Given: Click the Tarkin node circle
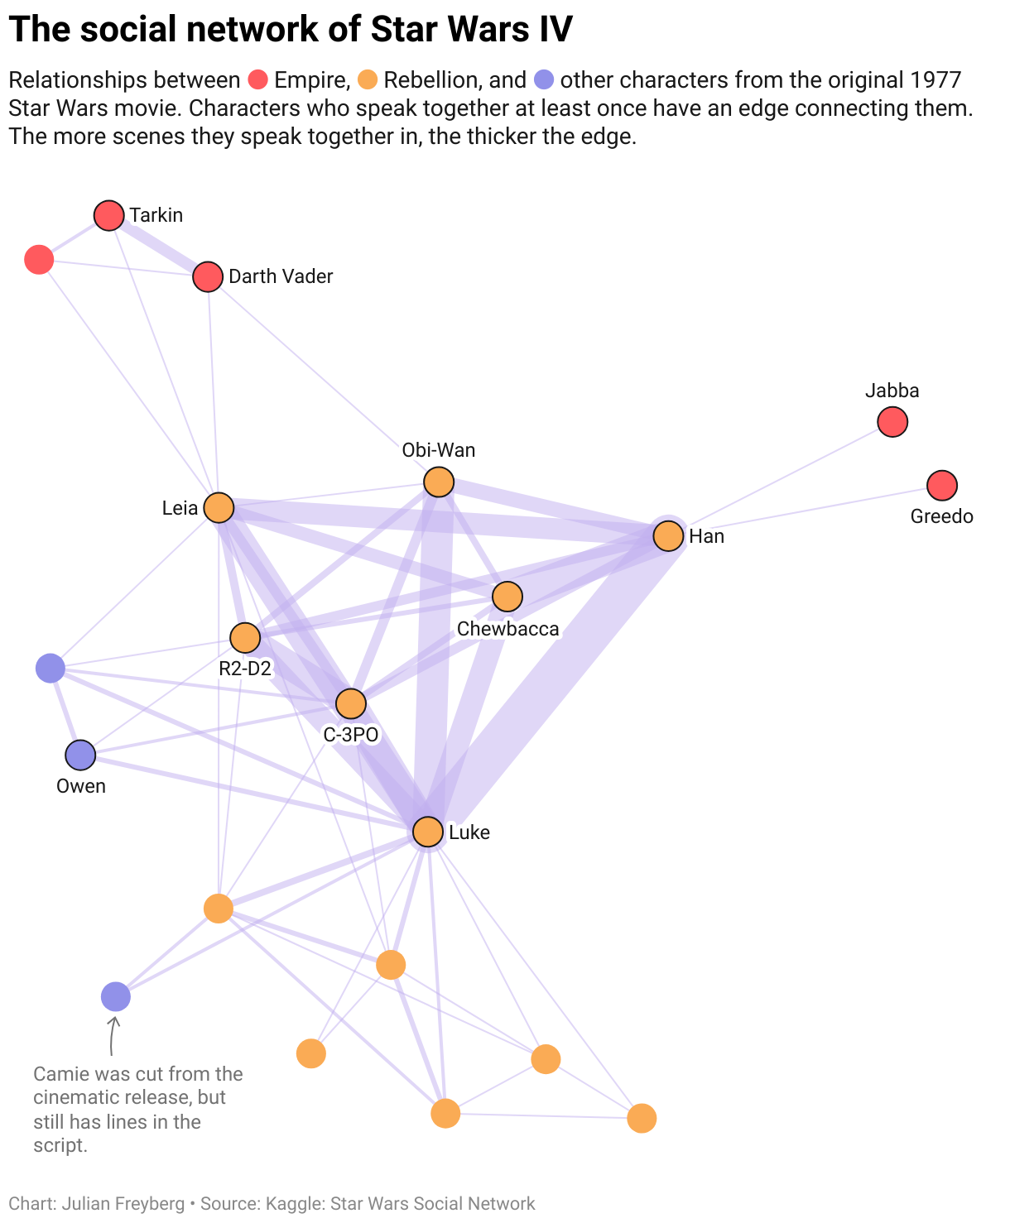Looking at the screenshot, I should click(108, 215).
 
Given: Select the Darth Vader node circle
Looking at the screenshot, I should click(208, 276).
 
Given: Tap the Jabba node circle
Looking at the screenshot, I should click(892, 422).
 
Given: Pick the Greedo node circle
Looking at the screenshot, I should click(942, 485).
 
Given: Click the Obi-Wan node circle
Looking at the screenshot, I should click(439, 482).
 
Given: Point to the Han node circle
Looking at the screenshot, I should click(668, 536).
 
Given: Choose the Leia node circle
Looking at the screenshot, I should click(219, 507).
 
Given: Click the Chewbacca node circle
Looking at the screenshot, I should click(507, 596).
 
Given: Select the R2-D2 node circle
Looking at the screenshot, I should click(245, 638).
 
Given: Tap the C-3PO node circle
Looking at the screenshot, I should click(351, 703).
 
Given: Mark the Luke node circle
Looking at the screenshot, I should click(428, 832).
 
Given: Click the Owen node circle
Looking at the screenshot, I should click(80, 755).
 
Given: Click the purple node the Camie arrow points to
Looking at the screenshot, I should click(116, 997).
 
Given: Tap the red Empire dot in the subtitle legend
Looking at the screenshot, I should click(258, 80).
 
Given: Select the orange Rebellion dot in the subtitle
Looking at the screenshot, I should click(368, 80).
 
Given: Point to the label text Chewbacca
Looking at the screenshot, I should click(507, 629).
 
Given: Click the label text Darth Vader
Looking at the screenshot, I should click(281, 276).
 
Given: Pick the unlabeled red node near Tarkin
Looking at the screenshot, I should click(39, 259).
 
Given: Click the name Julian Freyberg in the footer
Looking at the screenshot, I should click(123, 1204).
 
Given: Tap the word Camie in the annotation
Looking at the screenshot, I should click(58, 1074).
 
